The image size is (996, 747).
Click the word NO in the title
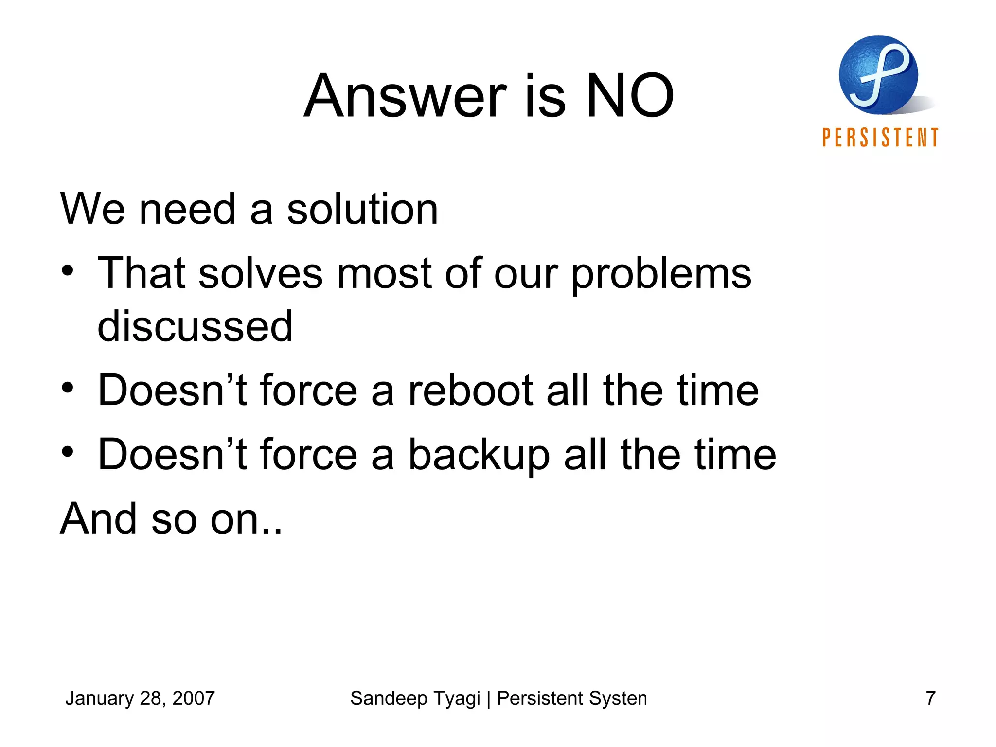(630, 96)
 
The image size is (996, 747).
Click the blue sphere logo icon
(878, 75)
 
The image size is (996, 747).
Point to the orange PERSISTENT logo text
(880, 138)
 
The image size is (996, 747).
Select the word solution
(362, 209)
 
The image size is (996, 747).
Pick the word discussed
(195, 326)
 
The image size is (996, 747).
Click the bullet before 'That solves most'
(68, 270)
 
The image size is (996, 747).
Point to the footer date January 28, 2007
(140, 698)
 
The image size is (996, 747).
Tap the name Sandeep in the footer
(388, 698)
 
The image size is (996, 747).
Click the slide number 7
(930, 698)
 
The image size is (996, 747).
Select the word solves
(260, 274)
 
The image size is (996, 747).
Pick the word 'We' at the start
(92, 209)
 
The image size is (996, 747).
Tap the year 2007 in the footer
(194, 698)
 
